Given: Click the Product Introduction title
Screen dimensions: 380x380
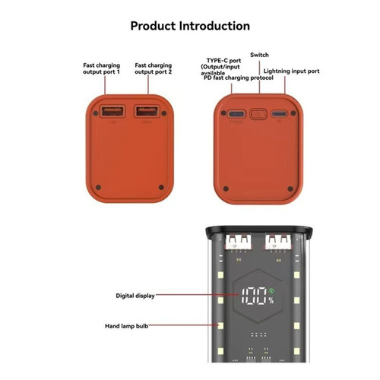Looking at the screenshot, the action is (x=190, y=26).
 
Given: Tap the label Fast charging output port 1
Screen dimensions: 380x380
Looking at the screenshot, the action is (x=101, y=68).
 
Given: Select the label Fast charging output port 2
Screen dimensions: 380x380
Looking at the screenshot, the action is (x=154, y=68).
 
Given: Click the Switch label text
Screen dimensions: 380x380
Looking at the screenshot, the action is (x=259, y=55).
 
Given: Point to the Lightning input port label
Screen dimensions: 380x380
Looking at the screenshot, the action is (x=291, y=71).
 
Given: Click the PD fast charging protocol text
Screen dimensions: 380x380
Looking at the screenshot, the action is (x=239, y=78).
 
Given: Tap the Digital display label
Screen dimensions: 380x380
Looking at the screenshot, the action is (x=135, y=296).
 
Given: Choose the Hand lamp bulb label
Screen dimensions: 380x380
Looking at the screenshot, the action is (x=126, y=326).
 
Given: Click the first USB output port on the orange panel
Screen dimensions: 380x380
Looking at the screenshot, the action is (x=112, y=111).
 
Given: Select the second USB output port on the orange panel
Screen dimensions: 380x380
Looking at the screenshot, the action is (x=147, y=111).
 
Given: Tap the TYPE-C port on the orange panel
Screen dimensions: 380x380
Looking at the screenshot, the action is (x=236, y=113).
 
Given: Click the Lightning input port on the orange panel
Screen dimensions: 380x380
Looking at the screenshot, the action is (x=279, y=113).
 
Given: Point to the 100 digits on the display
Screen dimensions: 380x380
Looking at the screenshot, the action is (x=255, y=296).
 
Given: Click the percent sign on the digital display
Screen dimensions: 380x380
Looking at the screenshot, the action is (x=271, y=301).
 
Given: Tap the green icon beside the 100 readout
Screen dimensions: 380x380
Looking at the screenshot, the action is (x=272, y=291).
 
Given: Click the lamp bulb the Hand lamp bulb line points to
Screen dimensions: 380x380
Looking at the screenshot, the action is (x=220, y=326).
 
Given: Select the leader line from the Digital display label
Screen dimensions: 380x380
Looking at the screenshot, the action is (x=197, y=295).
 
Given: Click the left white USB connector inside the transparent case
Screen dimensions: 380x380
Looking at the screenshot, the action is (x=238, y=242).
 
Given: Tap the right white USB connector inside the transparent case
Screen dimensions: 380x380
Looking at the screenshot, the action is (x=278, y=242).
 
